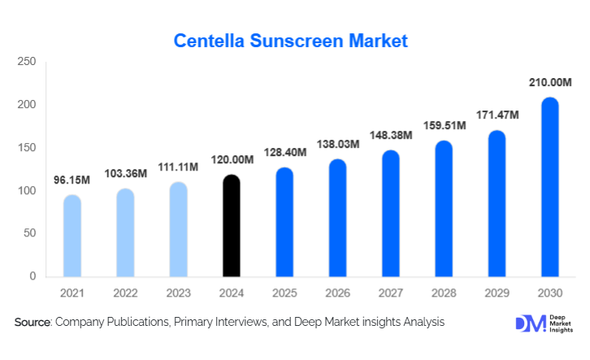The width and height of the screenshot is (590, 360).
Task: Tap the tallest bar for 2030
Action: tap(550, 187)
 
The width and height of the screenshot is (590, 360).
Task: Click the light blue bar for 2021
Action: tap(72, 236)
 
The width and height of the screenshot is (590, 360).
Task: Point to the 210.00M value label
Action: tap(550, 83)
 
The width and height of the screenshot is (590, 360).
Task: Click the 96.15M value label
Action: tap(72, 180)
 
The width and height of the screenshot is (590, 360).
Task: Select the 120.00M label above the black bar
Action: tap(232, 160)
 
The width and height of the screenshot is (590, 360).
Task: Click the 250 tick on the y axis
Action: tap(27, 62)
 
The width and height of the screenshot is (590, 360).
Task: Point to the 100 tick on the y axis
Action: tap(27, 191)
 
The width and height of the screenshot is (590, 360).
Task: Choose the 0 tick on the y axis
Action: tap(33, 276)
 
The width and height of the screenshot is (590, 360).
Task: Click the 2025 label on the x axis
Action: tap(284, 293)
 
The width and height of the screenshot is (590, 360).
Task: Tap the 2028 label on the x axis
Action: tap(444, 293)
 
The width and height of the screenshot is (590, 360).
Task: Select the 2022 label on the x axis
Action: tap(125, 293)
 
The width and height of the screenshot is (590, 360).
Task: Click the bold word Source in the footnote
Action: tap(33, 323)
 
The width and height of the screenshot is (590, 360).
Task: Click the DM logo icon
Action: tap(529, 323)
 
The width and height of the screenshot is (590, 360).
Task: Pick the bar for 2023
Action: tap(179, 229)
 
